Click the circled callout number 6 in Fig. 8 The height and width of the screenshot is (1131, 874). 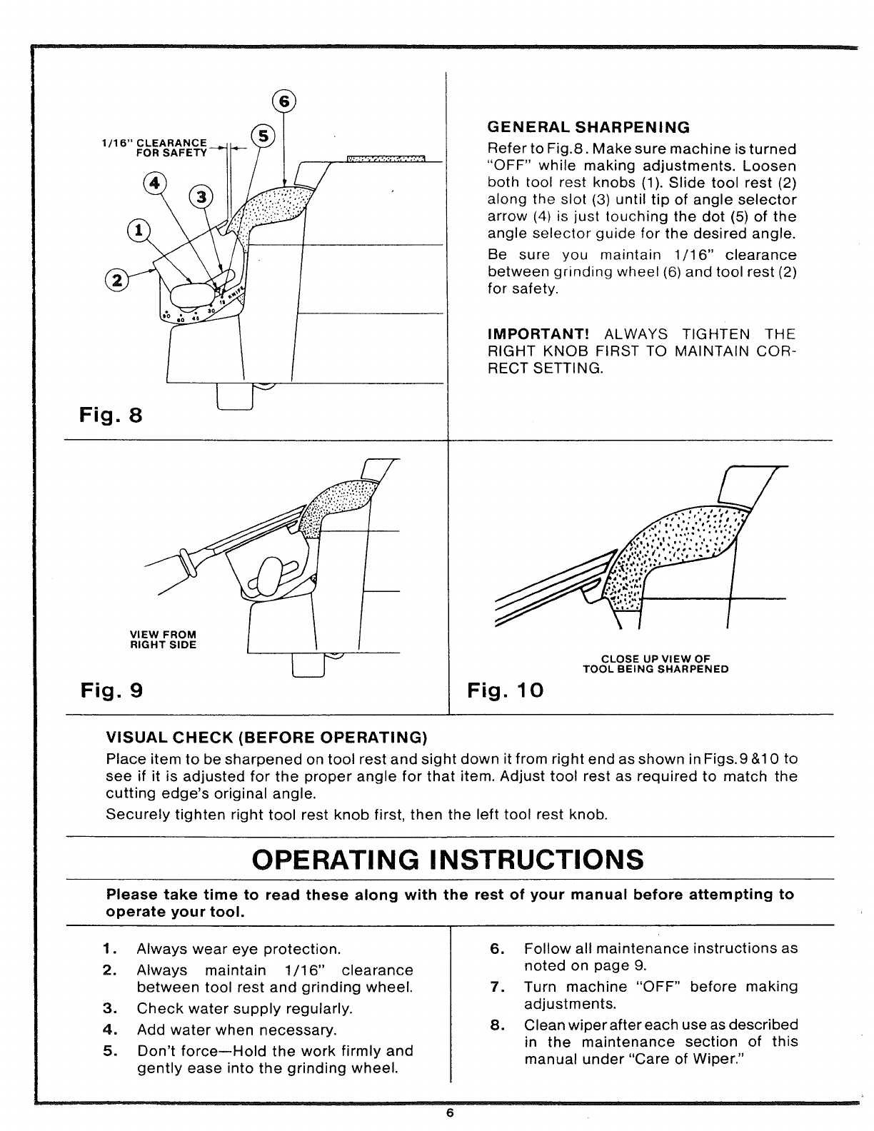(x=283, y=101)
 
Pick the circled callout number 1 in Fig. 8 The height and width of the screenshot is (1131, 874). (x=137, y=230)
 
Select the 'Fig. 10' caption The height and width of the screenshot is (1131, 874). (x=505, y=690)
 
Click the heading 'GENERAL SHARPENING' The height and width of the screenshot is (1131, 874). (x=588, y=128)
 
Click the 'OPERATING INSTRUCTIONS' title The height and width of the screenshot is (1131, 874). (x=448, y=858)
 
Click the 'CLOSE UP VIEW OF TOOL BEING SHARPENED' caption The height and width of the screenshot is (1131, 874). (x=655, y=664)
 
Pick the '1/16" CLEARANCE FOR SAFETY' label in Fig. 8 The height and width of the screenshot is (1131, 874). (x=156, y=146)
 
